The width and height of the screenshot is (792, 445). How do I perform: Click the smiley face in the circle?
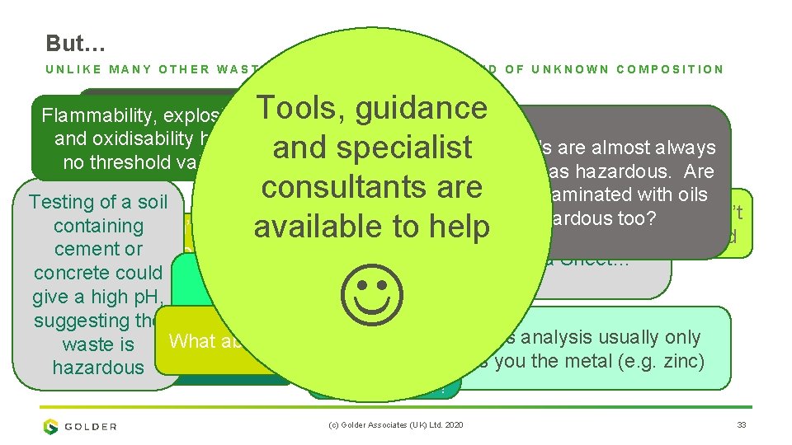(372, 299)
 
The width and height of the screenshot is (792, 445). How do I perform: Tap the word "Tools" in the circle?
(298, 108)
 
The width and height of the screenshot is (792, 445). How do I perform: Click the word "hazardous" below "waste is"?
(98, 368)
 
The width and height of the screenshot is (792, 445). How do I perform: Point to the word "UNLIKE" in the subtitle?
(75, 69)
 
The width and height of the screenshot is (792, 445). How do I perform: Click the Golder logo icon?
(51, 426)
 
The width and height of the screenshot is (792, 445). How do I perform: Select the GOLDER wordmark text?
(91, 427)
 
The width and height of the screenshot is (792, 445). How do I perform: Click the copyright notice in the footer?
(397, 425)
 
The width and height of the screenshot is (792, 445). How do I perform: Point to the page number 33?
(740, 425)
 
